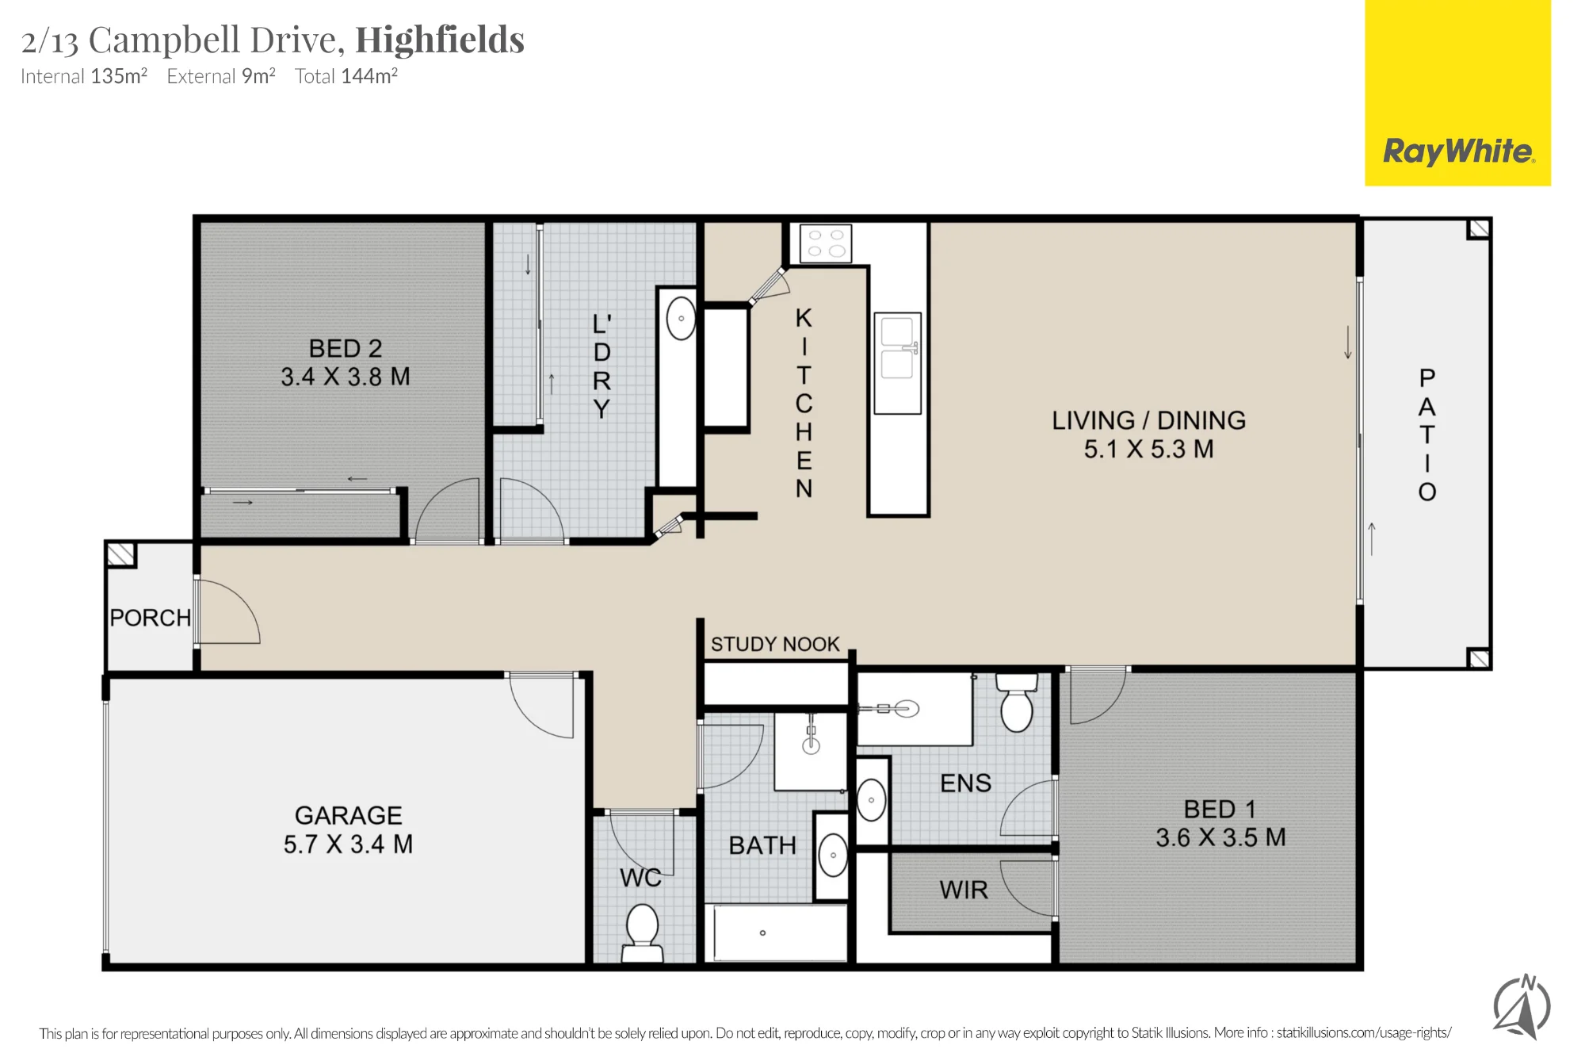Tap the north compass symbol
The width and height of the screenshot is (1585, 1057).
tap(1522, 1006)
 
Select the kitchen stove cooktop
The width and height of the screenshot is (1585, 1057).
tap(826, 243)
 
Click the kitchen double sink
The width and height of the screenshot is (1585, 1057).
tap(897, 363)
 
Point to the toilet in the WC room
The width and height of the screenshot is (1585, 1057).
tap(642, 933)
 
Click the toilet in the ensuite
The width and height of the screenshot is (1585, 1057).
tap(1017, 703)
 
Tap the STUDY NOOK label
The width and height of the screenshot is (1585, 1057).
tap(775, 644)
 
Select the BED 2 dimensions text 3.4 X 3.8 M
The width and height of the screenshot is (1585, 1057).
tap(346, 377)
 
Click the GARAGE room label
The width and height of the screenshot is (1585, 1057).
tap(349, 815)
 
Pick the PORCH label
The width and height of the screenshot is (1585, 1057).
tap(151, 618)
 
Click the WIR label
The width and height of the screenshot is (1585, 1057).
tap(964, 890)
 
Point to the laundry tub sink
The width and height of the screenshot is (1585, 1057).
tap(681, 318)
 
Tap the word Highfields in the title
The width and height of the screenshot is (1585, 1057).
tap(440, 40)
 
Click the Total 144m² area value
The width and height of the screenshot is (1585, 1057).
tap(346, 76)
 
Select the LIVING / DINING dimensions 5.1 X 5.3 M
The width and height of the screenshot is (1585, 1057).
tap(1149, 450)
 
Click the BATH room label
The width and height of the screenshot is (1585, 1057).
tap(762, 846)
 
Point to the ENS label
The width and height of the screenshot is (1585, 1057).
tap(965, 783)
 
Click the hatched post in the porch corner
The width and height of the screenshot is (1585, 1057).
tap(121, 554)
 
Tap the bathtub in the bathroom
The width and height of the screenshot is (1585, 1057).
tap(781, 933)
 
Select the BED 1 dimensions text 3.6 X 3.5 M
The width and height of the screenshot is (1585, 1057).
tap(1220, 837)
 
